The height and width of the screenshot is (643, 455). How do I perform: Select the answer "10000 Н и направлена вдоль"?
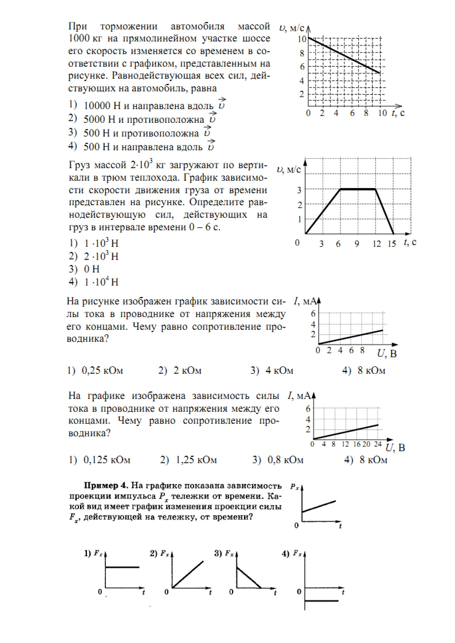tap(148, 106)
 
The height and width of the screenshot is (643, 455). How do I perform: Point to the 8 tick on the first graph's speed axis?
tap(302, 53)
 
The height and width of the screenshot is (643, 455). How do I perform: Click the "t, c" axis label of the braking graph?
tap(398, 113)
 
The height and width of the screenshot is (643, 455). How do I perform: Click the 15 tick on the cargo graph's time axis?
tap(392, 244)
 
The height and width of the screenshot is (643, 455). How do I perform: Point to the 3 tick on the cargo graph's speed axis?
tap(299, 190)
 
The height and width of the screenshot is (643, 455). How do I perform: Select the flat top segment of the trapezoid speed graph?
tap(358, 189)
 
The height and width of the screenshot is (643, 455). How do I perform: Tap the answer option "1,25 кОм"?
tap(196, 460)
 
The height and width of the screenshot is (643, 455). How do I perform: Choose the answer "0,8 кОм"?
tap(285, 460)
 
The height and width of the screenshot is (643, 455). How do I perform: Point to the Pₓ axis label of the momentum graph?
tap(294, 487)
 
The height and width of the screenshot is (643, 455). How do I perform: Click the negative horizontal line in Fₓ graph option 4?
tap(322, 601)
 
